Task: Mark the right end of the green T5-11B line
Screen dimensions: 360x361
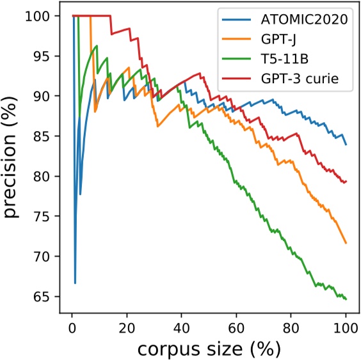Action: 346,299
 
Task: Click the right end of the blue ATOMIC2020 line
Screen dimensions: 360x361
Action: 346,145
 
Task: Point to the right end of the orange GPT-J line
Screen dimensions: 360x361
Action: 346,243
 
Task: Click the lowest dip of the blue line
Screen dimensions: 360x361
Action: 75,283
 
